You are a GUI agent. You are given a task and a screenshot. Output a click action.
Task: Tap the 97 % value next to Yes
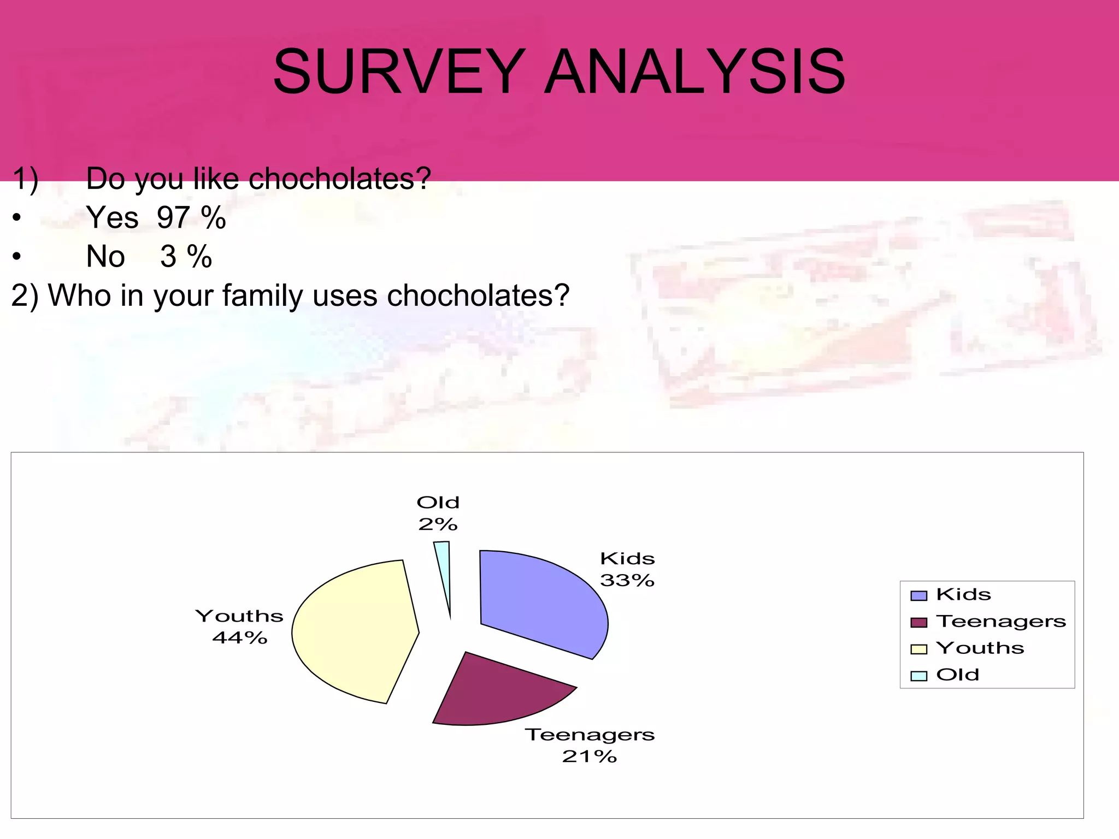191,218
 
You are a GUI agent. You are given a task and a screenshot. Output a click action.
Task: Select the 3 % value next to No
186,257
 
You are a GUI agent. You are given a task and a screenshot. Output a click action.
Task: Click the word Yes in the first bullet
112,218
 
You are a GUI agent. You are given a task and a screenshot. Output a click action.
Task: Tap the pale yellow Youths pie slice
352,631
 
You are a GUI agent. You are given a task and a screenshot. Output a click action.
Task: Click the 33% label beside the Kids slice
627,580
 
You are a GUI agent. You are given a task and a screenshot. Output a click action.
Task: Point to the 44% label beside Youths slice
239,637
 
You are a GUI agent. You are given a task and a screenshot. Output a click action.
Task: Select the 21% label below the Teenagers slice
589,757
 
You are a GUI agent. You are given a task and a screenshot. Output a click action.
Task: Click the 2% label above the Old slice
437,524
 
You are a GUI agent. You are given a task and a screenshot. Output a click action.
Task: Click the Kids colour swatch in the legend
919,595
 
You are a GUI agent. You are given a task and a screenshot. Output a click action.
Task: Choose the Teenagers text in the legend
1000,622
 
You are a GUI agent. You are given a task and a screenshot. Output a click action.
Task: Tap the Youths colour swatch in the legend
919,649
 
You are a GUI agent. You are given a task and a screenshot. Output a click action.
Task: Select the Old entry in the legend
957,675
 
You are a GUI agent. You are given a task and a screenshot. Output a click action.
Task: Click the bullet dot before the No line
17,257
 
